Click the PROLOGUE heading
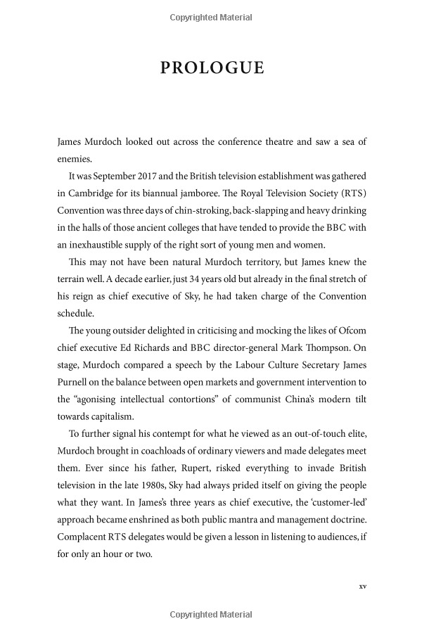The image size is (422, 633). (212, 68)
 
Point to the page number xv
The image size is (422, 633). (362, 585)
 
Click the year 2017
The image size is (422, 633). (141, 175)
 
